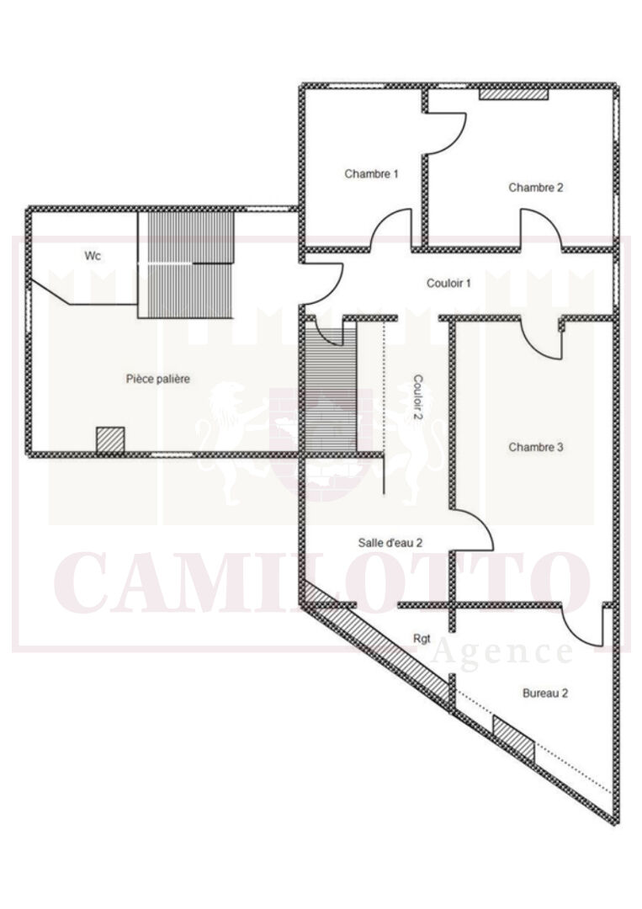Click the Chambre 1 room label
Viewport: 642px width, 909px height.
coord(371,174)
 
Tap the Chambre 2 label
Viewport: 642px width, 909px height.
coord(535,188)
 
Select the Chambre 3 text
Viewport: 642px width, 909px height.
coord(535,448)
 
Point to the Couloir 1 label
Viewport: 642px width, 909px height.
coord(448,284)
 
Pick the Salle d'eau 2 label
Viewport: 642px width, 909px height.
coord(390,543)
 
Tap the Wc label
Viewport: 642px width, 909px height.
coord(93,256)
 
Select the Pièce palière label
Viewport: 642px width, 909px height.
coord(158,379)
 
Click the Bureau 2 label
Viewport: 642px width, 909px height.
coord(544,694)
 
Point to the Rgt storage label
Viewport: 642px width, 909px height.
coord(422,639)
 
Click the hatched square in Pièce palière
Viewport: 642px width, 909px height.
coord(110,440)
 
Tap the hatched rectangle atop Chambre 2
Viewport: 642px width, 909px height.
coord(513,94)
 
